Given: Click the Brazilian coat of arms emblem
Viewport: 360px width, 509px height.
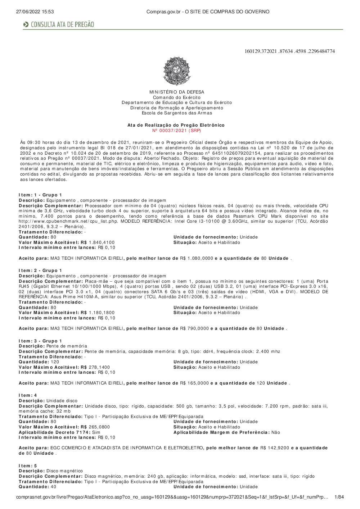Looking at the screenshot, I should coord(176,71).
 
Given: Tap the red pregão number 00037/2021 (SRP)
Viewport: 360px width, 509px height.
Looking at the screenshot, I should coord(176,131).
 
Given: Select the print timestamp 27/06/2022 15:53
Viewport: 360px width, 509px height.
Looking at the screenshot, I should coord(35,12).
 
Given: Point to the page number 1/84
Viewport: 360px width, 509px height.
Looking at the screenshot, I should coord(339,497).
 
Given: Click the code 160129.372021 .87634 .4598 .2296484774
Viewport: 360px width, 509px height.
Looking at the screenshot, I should coord(289,51).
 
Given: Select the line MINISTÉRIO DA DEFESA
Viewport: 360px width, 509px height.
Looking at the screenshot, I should coord(176,92).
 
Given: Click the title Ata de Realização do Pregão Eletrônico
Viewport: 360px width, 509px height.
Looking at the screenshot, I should coord(176,125).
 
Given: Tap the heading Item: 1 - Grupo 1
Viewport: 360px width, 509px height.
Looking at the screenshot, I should coord(40,195).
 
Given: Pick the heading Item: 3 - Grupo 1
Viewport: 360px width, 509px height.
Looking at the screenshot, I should coord(40,341).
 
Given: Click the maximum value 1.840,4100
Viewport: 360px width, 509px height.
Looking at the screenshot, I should coord(102,242).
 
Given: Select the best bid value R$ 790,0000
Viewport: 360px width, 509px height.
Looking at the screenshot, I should coord(194,328).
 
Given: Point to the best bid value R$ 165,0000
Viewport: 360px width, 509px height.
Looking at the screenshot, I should coord(194,383).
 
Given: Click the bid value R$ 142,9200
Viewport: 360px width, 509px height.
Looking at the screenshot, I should coord(275,448).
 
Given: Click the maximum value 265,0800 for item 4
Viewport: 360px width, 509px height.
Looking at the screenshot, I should coord(99,427).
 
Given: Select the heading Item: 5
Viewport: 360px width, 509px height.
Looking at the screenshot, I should coord(28,466).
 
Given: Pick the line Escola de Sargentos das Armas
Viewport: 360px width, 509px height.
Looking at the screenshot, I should coord(177,113).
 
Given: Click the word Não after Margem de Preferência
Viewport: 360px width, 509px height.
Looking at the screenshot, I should coord(276,432).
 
